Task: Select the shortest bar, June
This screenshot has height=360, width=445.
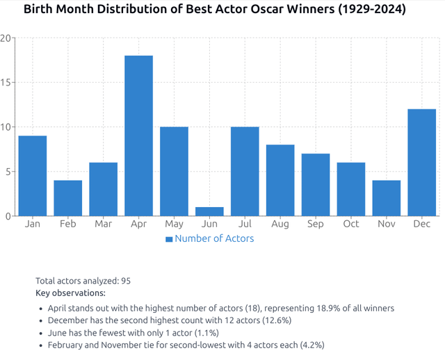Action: coord(209,211)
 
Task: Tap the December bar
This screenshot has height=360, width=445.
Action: coord(422,163)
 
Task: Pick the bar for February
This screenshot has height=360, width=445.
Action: coord(68,198)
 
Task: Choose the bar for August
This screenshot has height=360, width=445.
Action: coord(280,180)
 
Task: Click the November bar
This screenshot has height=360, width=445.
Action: coord(387,198)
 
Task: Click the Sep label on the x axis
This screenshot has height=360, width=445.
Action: coord(316,224)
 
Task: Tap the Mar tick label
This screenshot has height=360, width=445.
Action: coord(104,224)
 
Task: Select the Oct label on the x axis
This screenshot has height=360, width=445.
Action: coord(351,224)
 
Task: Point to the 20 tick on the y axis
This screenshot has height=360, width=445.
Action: coord(6,38)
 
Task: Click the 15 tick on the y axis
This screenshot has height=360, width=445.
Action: coord(6,83)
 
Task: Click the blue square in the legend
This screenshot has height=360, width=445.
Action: coord(169,239)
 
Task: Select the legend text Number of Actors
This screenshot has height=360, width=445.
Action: coord(214,238)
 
